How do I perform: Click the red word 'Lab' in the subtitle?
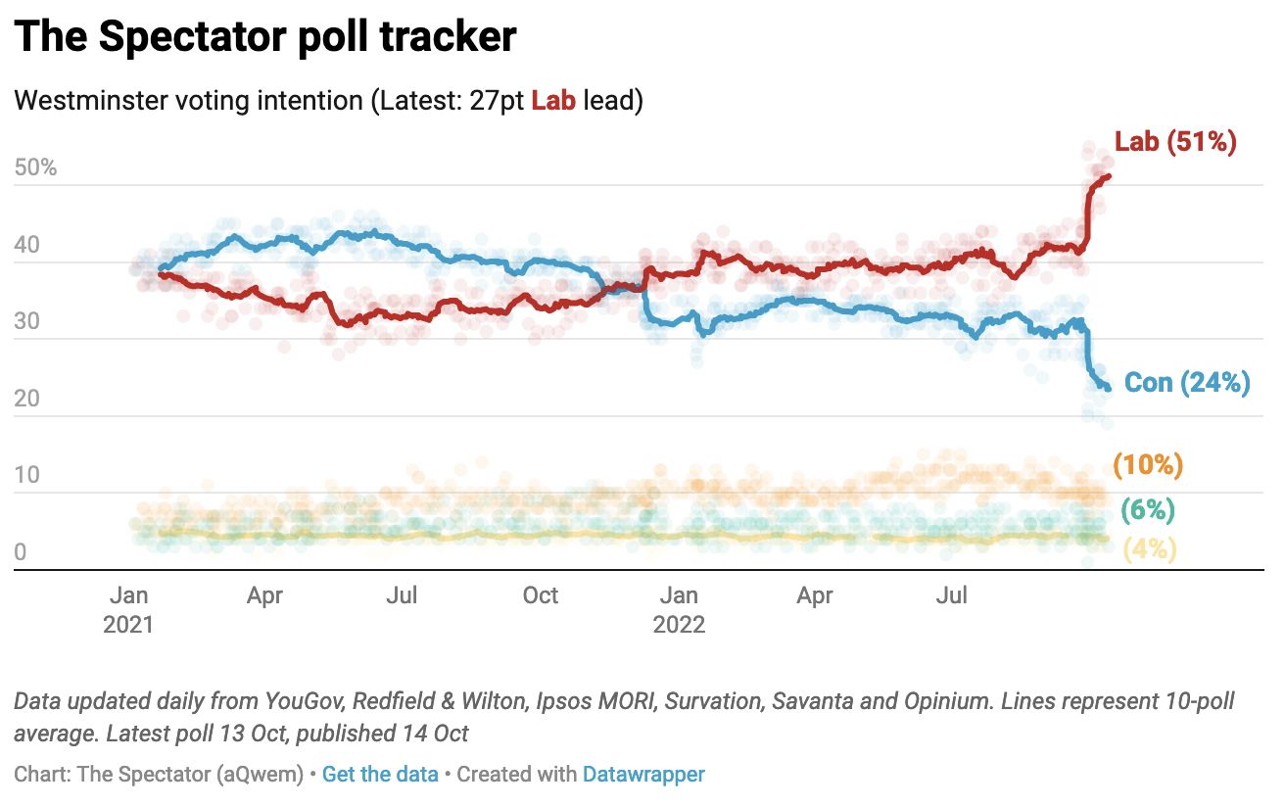tap(553, 101)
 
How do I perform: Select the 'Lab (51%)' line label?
tap(1175, 142)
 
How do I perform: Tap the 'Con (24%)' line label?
tap(1187, 383)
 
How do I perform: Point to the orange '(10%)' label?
tap(1148, 465)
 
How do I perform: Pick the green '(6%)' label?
tap(1148, 510)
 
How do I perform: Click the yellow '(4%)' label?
tap(1148, 549)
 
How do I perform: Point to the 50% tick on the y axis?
tap(36, 167)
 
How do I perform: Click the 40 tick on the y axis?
tap(28, 245)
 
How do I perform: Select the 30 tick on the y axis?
tap(28, 322)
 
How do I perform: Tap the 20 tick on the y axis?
tap(28, 399)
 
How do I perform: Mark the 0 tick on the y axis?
tap(22, 553)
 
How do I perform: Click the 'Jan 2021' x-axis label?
tap(128, 609)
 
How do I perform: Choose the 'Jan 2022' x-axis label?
tap(679, 609)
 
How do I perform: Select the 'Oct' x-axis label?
tap(541, 595)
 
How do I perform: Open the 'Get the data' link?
tap(380, 774)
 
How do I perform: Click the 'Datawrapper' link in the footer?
tap(643, 774)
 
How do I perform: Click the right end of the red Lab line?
tap(1108, 176)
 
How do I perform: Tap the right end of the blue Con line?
tap(1108, 388)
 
